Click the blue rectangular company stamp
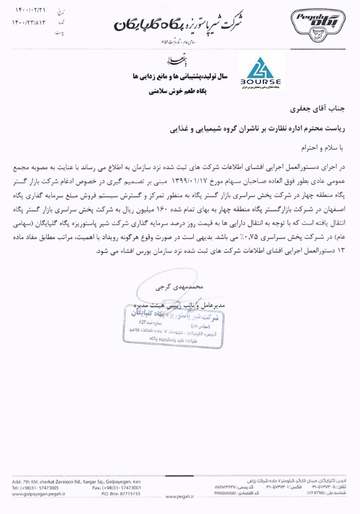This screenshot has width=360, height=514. [174, 327]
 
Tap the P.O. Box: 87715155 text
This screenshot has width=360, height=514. [121, 493]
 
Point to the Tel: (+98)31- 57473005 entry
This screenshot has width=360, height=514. [35, 487]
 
